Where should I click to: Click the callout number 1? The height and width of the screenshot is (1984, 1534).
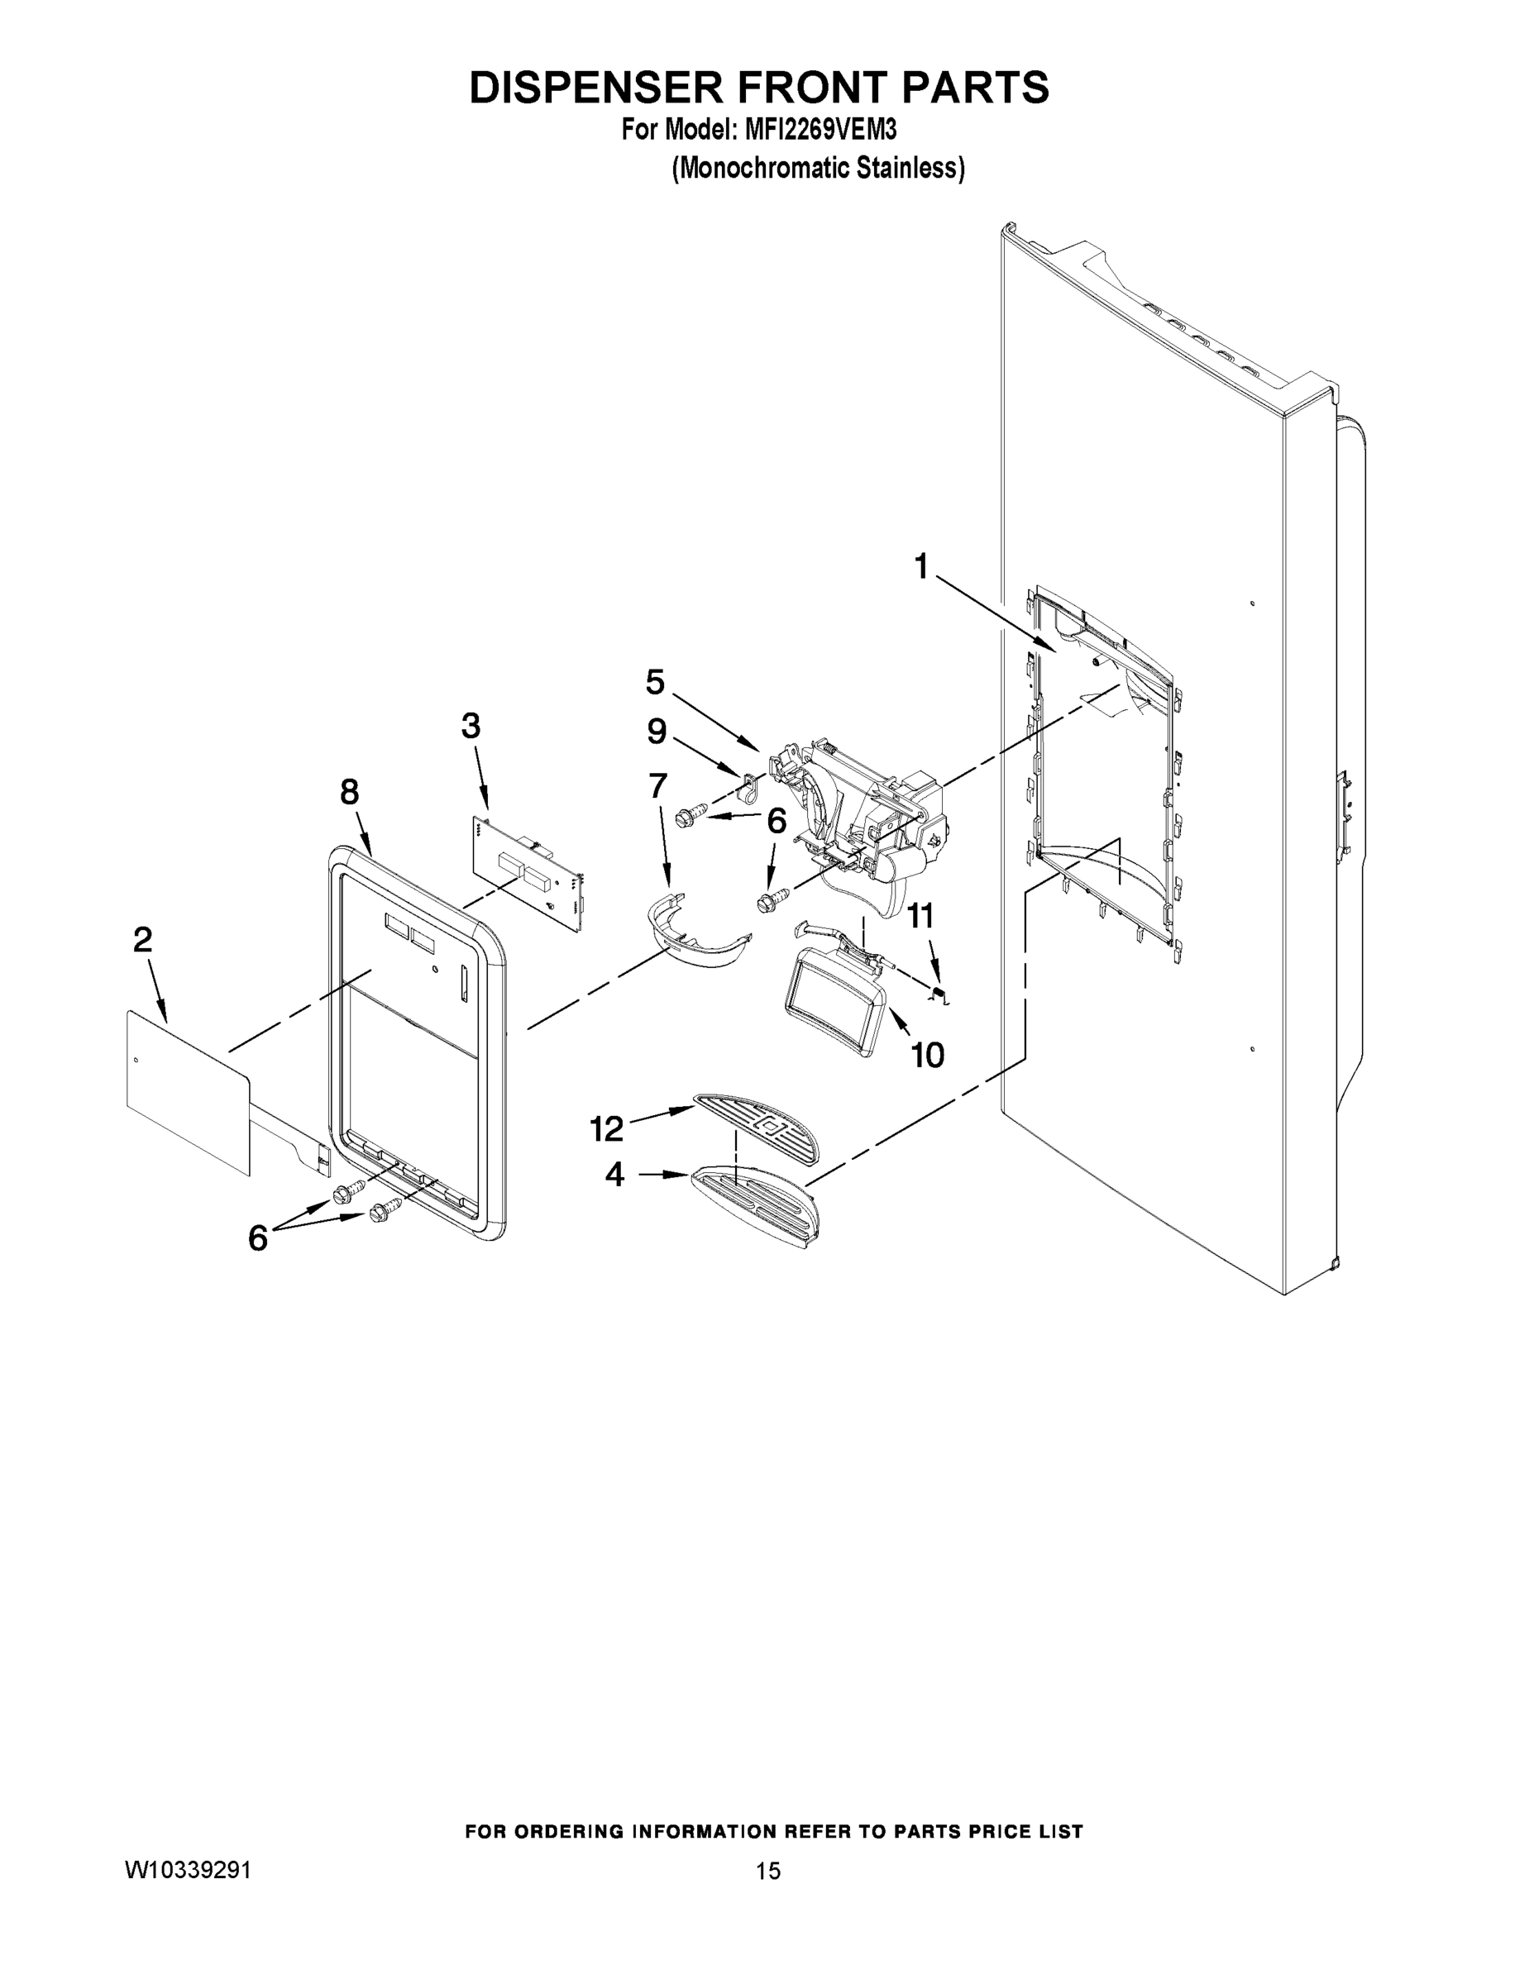[920, 567]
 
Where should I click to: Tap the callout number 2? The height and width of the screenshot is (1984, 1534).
[143, 939]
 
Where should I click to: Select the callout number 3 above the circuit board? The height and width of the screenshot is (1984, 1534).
[471, 726]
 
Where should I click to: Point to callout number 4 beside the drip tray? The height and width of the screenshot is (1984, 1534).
[615, 1175]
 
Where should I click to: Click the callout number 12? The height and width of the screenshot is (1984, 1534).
[606, 1129]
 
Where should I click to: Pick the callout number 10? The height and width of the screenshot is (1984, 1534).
[927, 1055]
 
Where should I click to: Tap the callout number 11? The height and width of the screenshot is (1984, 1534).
[920, 916]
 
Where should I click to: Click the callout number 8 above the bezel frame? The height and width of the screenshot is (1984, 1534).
[350, 792]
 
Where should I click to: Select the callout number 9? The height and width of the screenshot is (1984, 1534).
[656, 731]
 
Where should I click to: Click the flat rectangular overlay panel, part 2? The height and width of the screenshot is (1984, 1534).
[186, 1090]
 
